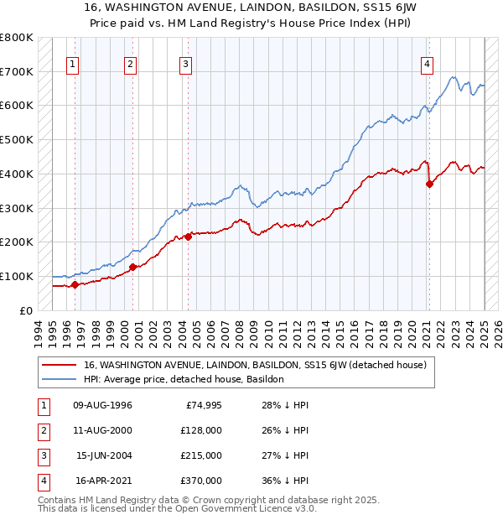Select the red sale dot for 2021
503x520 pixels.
[429, 185]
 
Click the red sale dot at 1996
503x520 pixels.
[75, 284]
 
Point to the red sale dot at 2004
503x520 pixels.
[188, 237]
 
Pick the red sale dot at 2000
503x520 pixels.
[132, 267]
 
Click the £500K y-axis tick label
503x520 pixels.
[16, 140]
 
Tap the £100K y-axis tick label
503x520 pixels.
[16, 276]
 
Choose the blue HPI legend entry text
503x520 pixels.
[184, 379]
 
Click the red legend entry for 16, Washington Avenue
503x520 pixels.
[255, 365]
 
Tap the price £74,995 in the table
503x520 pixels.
[203, 405]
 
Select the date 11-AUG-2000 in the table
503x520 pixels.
[102, 430]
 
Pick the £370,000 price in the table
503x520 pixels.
[201, 481]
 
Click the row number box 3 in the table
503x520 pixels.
[40, 455]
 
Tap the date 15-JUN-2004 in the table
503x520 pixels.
[103, 455]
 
